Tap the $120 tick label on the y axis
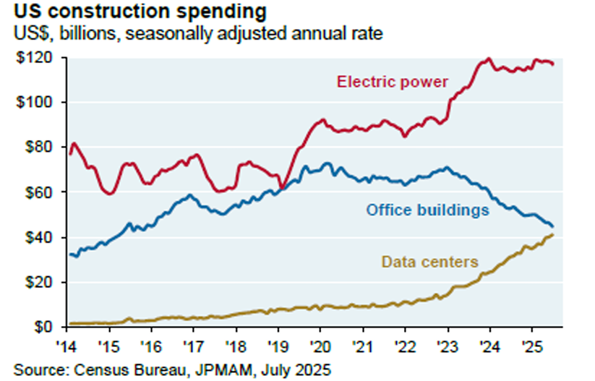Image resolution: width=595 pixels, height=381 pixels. [35, 58]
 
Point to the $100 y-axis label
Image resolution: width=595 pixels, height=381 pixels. [35, 103]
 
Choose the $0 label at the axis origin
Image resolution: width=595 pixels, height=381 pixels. [41, 327]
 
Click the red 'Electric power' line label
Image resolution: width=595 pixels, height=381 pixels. [392, 81]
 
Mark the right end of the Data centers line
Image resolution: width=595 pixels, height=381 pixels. [553, 234]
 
